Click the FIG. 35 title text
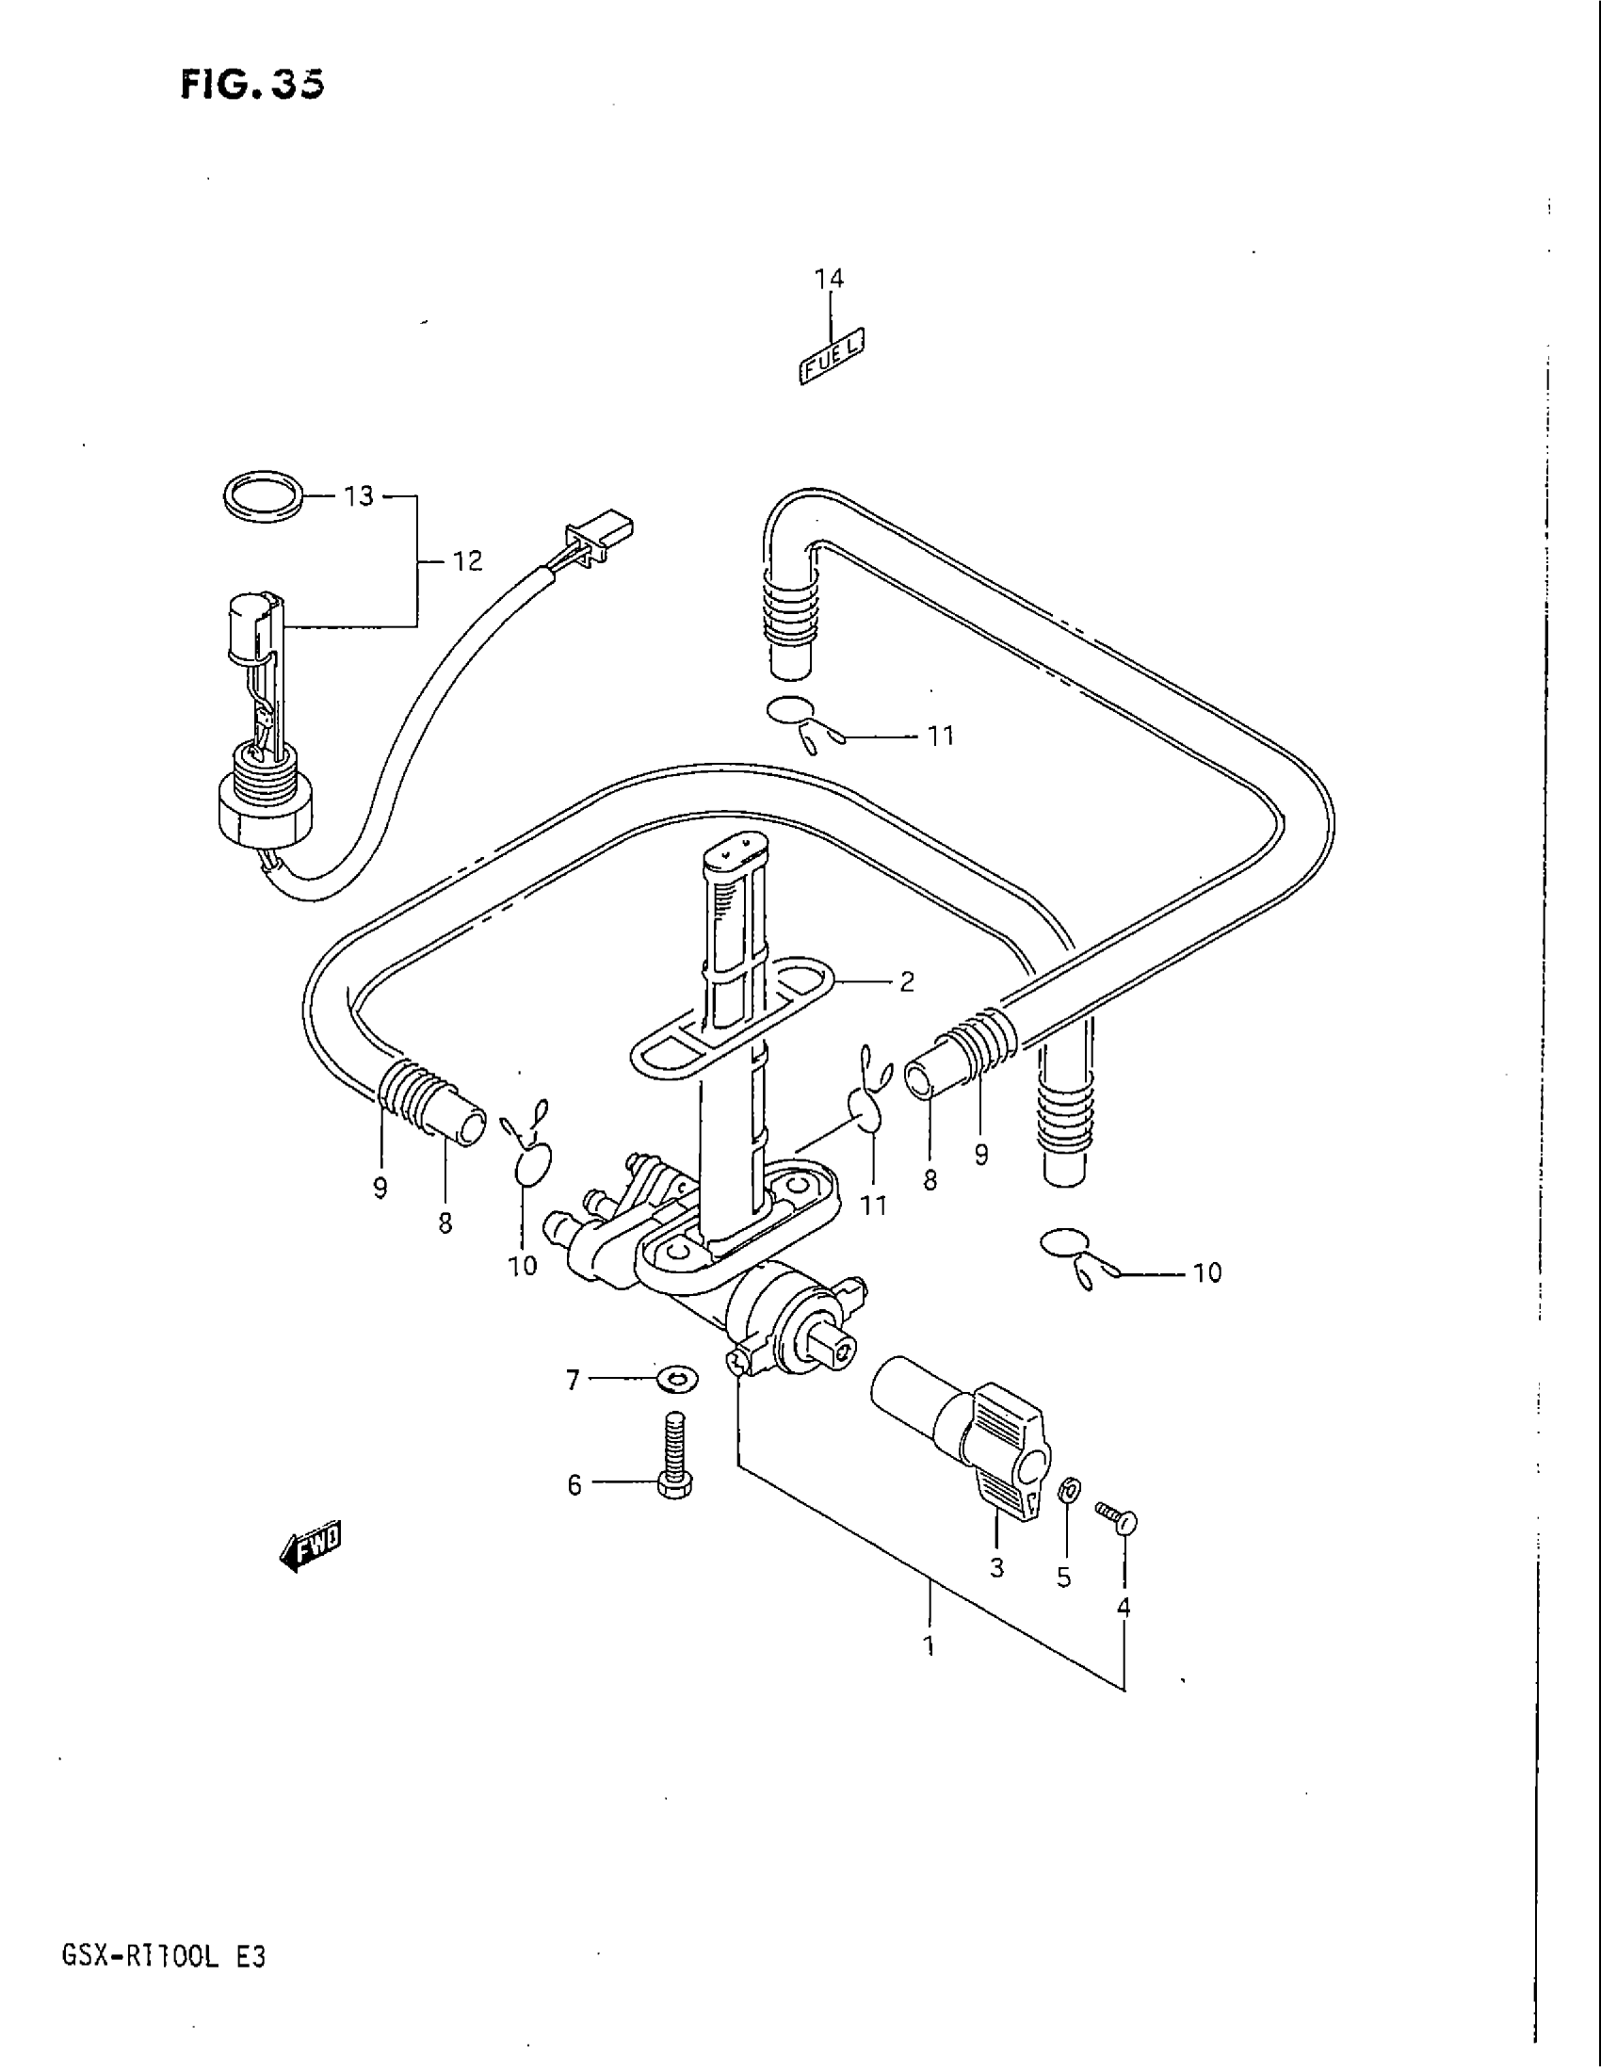coord(251,85)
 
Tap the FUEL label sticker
coord(833,357)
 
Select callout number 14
coord(828,278)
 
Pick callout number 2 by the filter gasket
coord(907,982)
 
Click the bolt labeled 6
coord(672,1465)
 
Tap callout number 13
coord(360,496)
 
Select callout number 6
coord(574,1484)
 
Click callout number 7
coord(572,1381)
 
